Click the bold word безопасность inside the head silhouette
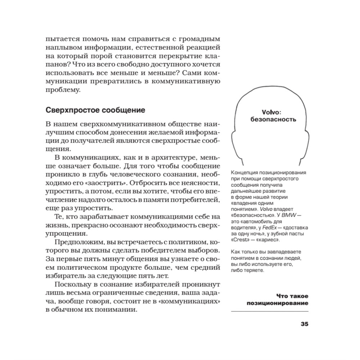(274, 119)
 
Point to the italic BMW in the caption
(288, 215)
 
